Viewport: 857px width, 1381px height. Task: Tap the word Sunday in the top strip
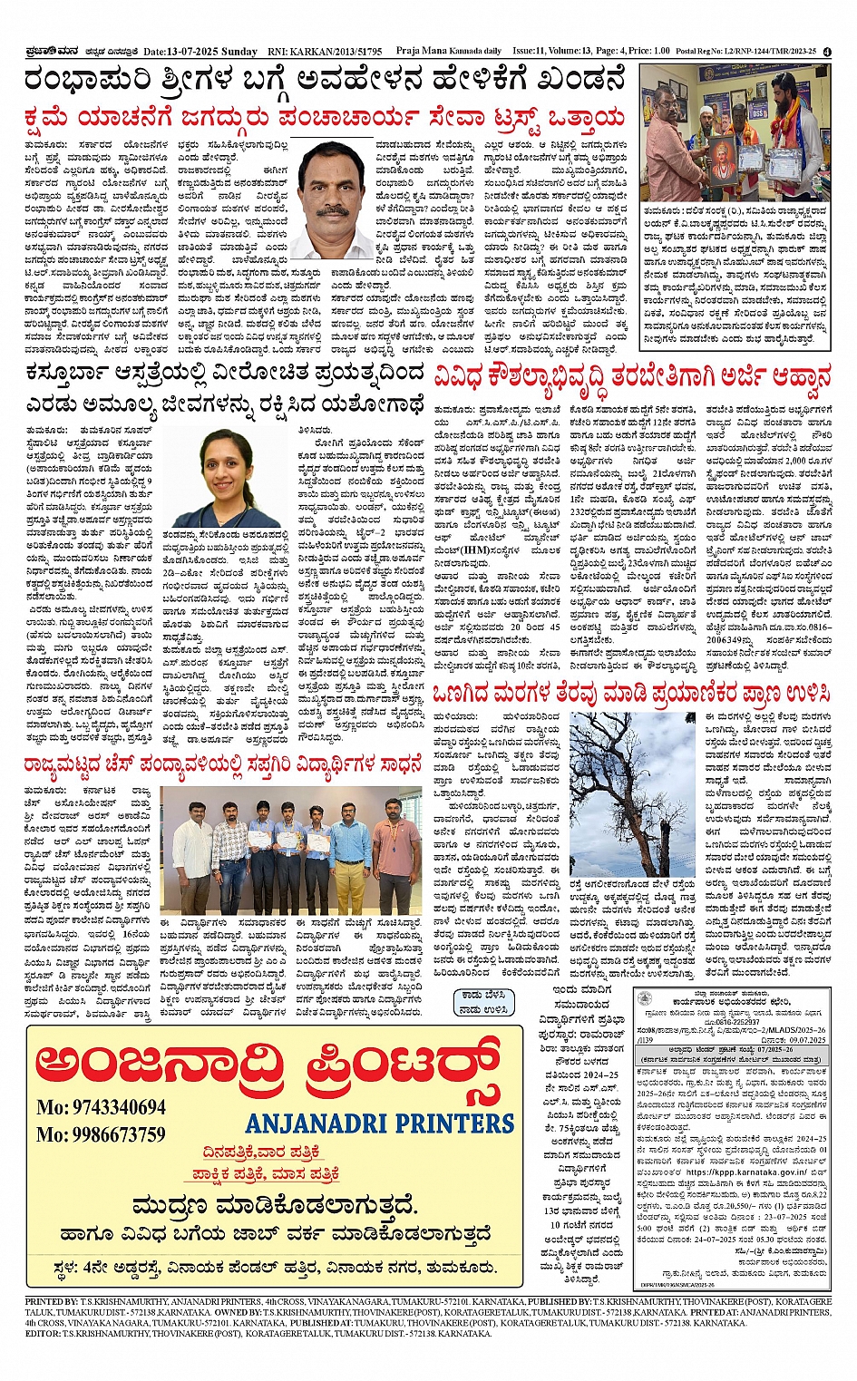pyautogui.click(x=240, y=52)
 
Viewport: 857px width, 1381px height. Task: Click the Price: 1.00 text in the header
pyautogui.click(x=648, y=52)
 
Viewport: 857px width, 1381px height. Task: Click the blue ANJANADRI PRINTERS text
pyautogui.click(x=380, y=1123)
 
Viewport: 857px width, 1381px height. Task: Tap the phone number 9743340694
pyautogui.click(x=101, y=1107)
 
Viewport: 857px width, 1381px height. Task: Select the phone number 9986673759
pyautogui.click(x=101, y=1134)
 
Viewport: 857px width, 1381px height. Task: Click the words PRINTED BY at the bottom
pyautogui.click(x=50, y=1301)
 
